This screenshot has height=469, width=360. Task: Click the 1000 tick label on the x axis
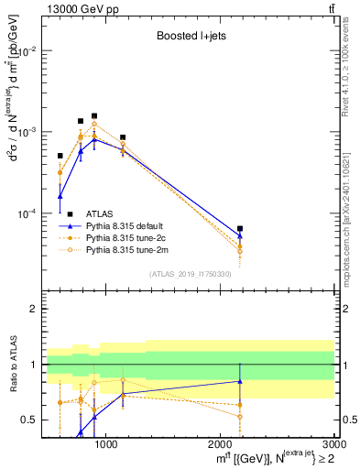106,444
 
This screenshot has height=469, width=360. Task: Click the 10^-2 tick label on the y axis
27,51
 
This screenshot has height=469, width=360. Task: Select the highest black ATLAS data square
94,116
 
